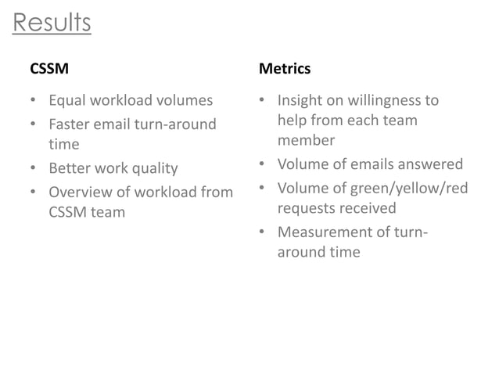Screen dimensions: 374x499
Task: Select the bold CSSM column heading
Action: (x=48, y=69)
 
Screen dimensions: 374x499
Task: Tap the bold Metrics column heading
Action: (x=284, y=69)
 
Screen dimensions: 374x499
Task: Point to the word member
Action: (x=306, y=141)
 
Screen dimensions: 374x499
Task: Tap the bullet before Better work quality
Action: (x=33, y=169)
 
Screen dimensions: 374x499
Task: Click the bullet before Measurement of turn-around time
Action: (x=262, y=233)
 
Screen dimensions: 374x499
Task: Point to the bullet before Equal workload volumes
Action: (x=33, y=101)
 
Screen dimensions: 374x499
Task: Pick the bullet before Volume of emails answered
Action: (x=262, y=165)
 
